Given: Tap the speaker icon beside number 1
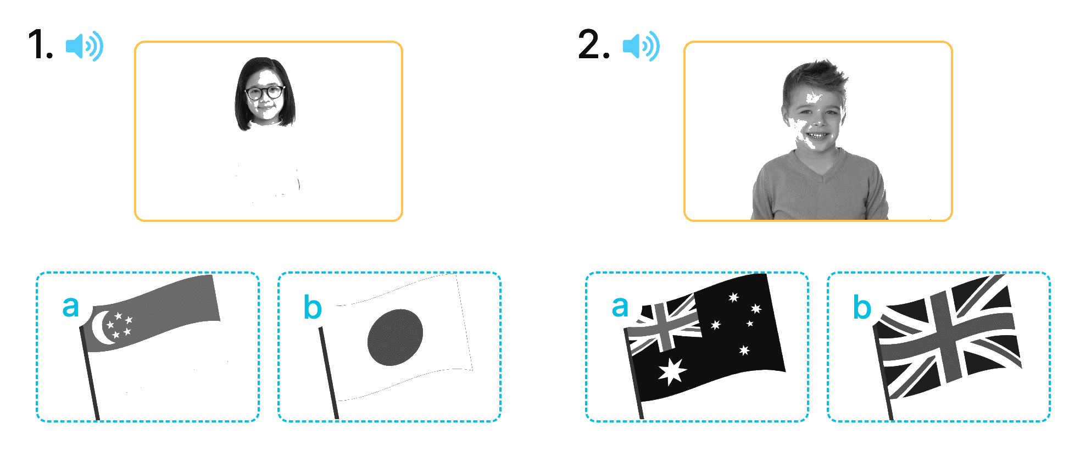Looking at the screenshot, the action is coord(85,46).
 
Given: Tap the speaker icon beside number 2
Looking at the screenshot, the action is coord(641,46).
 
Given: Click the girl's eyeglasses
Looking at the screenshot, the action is coord(265,92).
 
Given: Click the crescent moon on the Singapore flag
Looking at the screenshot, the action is coord(102,328).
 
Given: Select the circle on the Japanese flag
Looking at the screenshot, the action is coord(395,337).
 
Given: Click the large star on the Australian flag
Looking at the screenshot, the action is coord(672,371).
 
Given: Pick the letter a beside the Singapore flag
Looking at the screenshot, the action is coord(70,307).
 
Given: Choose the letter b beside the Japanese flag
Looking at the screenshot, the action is coord(312,307).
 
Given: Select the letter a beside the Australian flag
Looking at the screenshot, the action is coord(620,307).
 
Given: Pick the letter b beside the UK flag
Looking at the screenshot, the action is coord(862,307).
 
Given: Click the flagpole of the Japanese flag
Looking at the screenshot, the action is coord(329,373).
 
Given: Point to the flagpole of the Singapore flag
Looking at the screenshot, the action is coord(90,374).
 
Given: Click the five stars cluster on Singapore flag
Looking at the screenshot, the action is coord(119,325).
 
